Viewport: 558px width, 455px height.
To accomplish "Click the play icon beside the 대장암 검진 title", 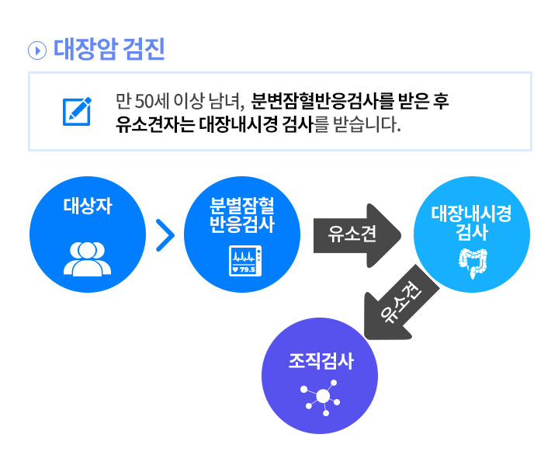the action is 37,50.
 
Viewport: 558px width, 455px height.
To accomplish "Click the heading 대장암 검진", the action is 109,49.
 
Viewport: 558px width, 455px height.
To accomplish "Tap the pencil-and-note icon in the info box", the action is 77,111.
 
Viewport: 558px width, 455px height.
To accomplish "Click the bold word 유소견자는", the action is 155,124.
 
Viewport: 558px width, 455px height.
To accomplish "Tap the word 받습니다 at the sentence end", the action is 367,124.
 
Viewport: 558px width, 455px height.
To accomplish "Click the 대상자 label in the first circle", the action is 88,206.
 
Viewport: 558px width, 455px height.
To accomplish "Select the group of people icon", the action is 87,259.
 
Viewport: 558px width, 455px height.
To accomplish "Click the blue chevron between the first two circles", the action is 165,235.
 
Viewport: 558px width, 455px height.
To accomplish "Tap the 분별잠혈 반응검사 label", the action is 242,215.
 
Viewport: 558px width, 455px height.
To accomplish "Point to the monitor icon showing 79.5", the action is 245,261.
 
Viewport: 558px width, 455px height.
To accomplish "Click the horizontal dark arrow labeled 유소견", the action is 357,235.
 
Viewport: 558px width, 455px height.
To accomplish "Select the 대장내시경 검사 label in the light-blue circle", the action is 472,223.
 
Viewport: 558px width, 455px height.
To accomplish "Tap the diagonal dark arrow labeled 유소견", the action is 401,303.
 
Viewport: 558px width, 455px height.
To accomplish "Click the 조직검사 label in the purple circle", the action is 321,361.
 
